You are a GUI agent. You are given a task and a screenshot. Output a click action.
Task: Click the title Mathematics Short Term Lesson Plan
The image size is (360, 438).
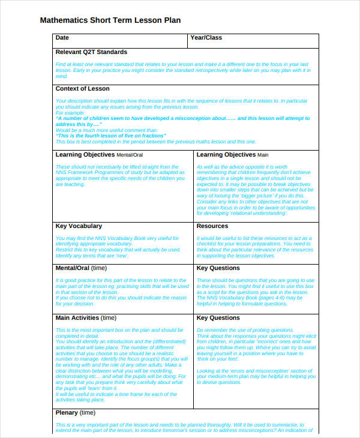pos(110,20)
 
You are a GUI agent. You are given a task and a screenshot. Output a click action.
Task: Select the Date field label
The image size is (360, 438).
pos(62,38)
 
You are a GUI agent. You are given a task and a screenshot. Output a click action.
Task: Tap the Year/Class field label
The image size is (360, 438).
pos(206,38)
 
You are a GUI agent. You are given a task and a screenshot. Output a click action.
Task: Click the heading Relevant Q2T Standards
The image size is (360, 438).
pos(91,52)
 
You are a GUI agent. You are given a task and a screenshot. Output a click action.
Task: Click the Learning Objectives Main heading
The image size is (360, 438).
pos(232,155)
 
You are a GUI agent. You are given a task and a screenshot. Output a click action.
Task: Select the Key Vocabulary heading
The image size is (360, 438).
pos(79,226)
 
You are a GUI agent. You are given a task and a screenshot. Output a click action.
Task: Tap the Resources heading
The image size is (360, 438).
pos(212,226)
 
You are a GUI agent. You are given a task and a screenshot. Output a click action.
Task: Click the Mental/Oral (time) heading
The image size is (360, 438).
pos(81,268)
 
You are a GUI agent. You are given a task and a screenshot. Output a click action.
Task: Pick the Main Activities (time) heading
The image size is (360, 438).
pos(86,318)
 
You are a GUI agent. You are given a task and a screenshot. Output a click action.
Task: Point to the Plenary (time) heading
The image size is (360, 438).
pos(75,413)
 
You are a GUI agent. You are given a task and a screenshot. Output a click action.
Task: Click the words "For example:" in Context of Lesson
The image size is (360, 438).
pos(71,112)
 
